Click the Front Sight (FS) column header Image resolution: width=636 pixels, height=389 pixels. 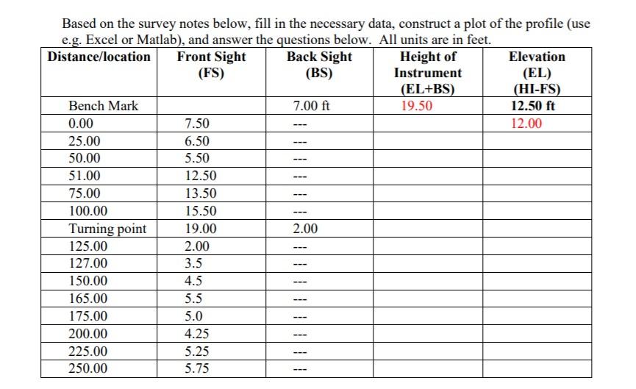click(x=212, y=65)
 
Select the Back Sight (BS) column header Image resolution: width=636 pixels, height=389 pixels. click(x=319, y=65)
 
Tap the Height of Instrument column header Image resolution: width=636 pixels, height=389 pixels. click(x=428, y=73)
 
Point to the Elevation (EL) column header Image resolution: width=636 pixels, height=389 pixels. click(x=537, y=73)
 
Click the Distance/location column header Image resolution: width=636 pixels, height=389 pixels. click(x=99, y=57)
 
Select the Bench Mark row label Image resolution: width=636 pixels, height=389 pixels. click(x=103, y=106)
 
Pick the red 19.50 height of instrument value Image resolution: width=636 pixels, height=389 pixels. click(x=417, y=106)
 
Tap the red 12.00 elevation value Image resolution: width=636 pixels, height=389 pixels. click(x=526, y=124)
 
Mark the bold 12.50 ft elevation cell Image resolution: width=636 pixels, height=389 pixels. click(x=533, y=106)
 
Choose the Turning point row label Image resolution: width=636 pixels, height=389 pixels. click(x=107, y=229)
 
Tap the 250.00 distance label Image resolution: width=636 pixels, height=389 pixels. click(x=87, y=368)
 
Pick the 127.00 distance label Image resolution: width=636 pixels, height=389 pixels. click(x=87, y=263)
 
